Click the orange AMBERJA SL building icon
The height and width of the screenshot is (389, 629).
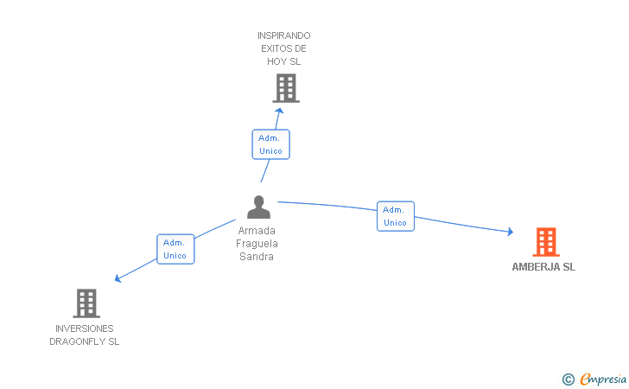(x=546, y=242)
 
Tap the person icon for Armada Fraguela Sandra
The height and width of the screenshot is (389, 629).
(x=258, y=207)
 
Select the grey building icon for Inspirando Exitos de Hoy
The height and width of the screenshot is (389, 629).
(x=286, y=88)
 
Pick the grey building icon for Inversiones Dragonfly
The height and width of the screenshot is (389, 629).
(x=86, y=303)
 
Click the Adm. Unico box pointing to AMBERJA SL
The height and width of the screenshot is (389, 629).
(x=396, y=216)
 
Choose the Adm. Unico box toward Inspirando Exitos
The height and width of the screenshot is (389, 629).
(x=270, y=144)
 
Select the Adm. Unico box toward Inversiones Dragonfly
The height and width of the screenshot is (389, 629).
(x=175, y=249)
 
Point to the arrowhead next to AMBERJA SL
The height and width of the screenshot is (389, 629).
(x=511, y=232)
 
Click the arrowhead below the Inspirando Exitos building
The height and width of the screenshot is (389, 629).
(x=279, y=111)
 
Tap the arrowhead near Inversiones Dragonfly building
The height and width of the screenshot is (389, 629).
(x=118, y=278)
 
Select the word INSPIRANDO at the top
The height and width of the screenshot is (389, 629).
(x=284, y=35)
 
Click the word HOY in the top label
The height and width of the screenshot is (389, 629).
(x=276, y=61)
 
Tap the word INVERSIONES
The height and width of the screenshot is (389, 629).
(x=85, y=328)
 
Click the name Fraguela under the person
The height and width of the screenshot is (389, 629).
(x=257, y=244)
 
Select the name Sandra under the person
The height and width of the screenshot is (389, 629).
(x=257, y=257)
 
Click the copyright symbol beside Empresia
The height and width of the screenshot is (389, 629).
(x=569, y=379)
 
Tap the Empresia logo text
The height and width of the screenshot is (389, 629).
(x=603, y=379)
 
